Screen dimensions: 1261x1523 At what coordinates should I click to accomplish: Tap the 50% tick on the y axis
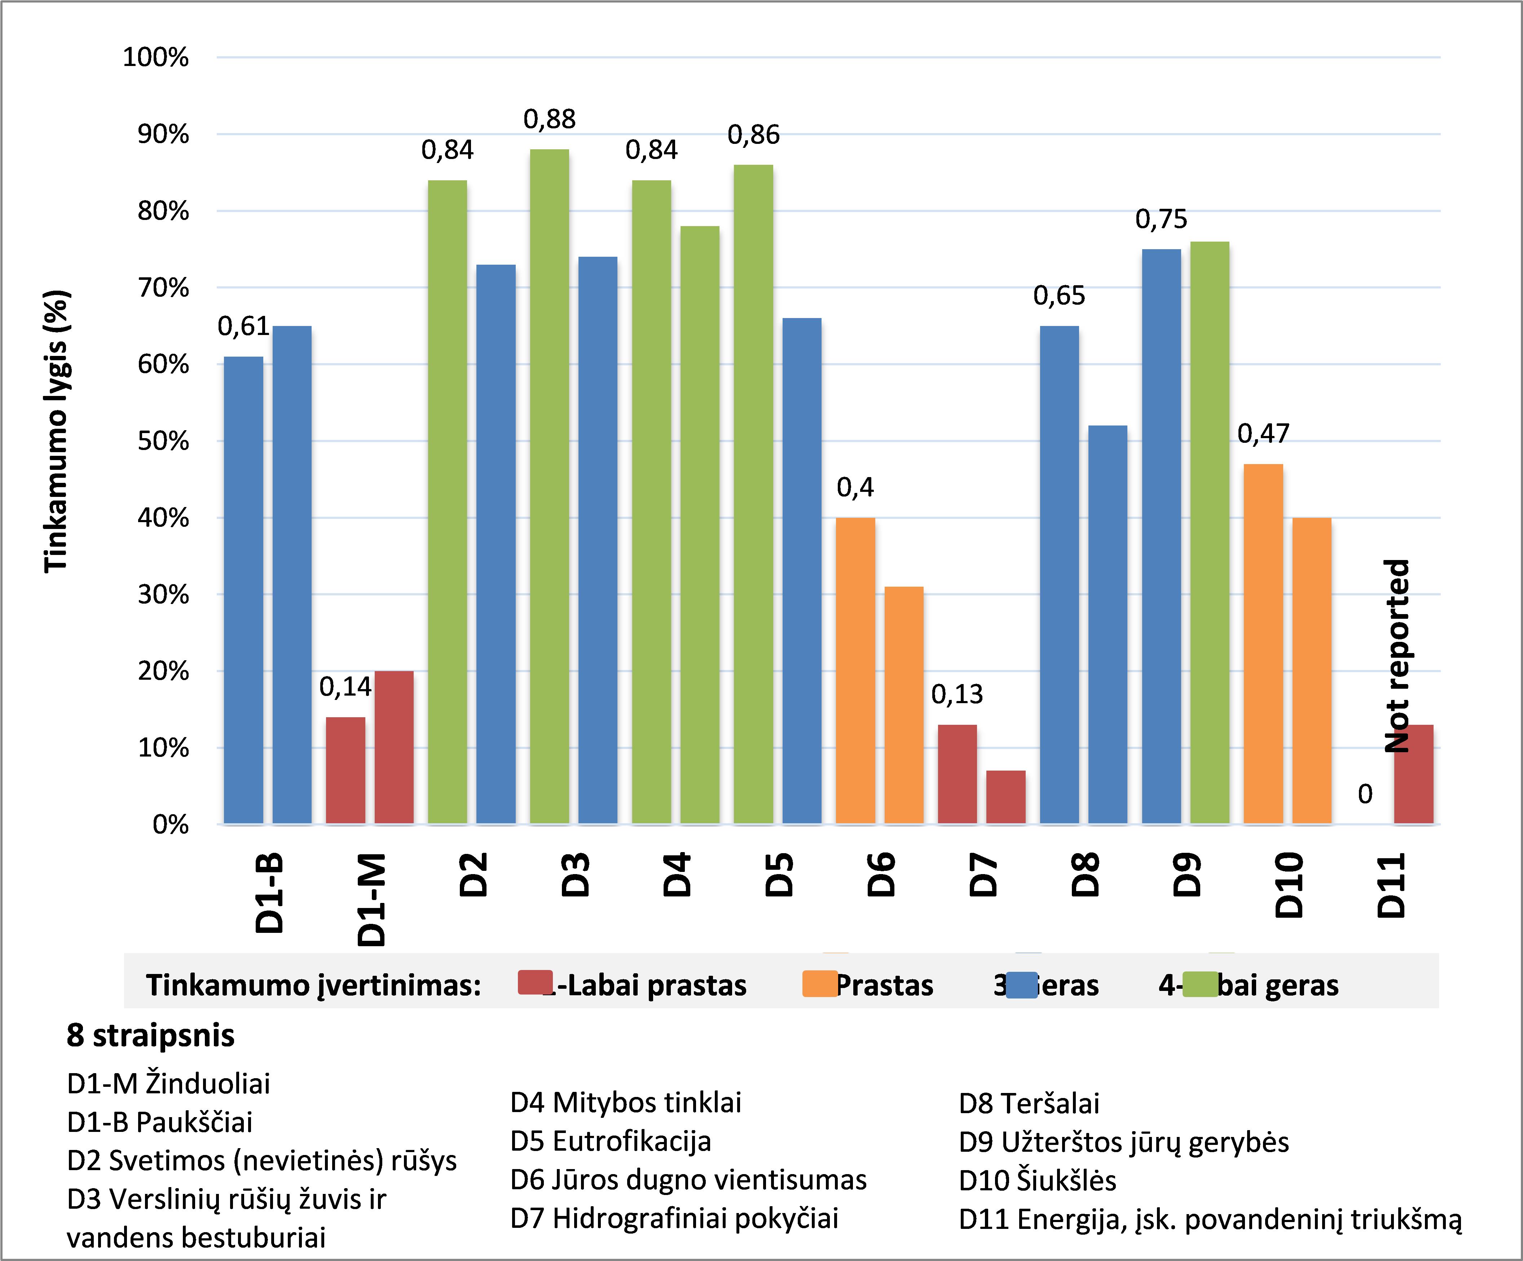click(x=163, y=441)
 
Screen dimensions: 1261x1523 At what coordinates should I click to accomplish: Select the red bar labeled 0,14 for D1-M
click(x=345, y=770)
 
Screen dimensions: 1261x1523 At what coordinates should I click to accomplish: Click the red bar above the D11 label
click(x=1413, y=774)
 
